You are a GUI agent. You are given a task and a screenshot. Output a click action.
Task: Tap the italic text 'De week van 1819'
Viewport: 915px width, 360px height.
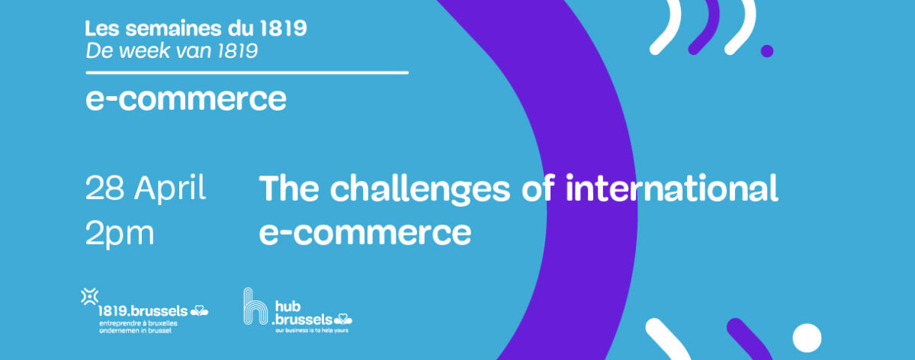tap(172, 51)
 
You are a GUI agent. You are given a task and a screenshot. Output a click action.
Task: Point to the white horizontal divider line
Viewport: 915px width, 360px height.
tap(247, 72)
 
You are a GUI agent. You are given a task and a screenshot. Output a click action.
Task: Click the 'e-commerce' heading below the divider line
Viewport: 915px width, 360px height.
tap(186, 99)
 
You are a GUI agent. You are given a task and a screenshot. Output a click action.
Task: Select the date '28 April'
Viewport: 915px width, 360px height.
tap(146, 188)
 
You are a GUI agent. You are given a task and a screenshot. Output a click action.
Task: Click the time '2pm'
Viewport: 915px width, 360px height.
tap(120, 234)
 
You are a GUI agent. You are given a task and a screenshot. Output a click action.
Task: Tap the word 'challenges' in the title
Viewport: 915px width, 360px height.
tap(420, 190)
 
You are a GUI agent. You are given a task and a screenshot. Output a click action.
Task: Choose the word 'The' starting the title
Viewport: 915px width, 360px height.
tap(289, 188)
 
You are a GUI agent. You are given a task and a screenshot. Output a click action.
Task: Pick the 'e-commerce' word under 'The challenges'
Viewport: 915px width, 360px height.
tap(365, 233)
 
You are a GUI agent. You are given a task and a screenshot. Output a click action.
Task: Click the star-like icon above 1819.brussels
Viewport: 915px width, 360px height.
tap(89, 296)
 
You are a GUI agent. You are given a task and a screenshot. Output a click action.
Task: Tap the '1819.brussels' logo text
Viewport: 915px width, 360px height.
tap(143, 311)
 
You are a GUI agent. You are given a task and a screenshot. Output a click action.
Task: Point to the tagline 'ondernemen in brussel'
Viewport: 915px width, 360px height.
tap(135, 330)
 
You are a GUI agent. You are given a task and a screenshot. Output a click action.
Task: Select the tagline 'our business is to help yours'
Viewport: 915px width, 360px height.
tap(312, 330)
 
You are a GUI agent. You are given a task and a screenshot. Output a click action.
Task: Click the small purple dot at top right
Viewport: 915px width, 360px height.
tap(767, 51)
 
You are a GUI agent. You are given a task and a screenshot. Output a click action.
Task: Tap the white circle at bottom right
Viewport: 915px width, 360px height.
tap(807, 338)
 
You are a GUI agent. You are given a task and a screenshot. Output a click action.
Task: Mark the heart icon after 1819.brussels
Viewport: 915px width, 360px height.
tap(199, 311)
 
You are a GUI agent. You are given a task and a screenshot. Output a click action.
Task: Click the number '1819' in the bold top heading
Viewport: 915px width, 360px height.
tap(283, 29)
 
